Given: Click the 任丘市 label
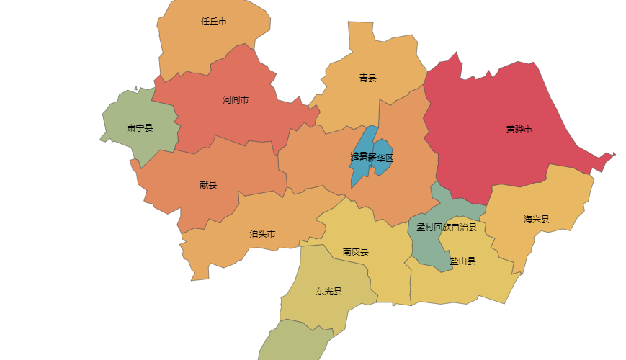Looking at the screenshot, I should tap(214, 22).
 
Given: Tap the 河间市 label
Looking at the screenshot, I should tap(236, 100).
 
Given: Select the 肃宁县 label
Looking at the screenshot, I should tap(140, 128).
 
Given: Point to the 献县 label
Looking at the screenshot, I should tap(207, 184).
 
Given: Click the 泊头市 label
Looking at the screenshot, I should tap(262, 234).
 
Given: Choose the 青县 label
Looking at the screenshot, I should tap(367, 78).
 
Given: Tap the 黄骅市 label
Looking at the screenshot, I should tap(519, 130).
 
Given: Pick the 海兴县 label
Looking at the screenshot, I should tap(536, 220).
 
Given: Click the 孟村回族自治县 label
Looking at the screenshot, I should tap(447, 228).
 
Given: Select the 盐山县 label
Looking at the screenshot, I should tap(462, 261).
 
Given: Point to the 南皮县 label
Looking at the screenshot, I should tap(355, 252).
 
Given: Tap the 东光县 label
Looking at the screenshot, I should tap(328, 292).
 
